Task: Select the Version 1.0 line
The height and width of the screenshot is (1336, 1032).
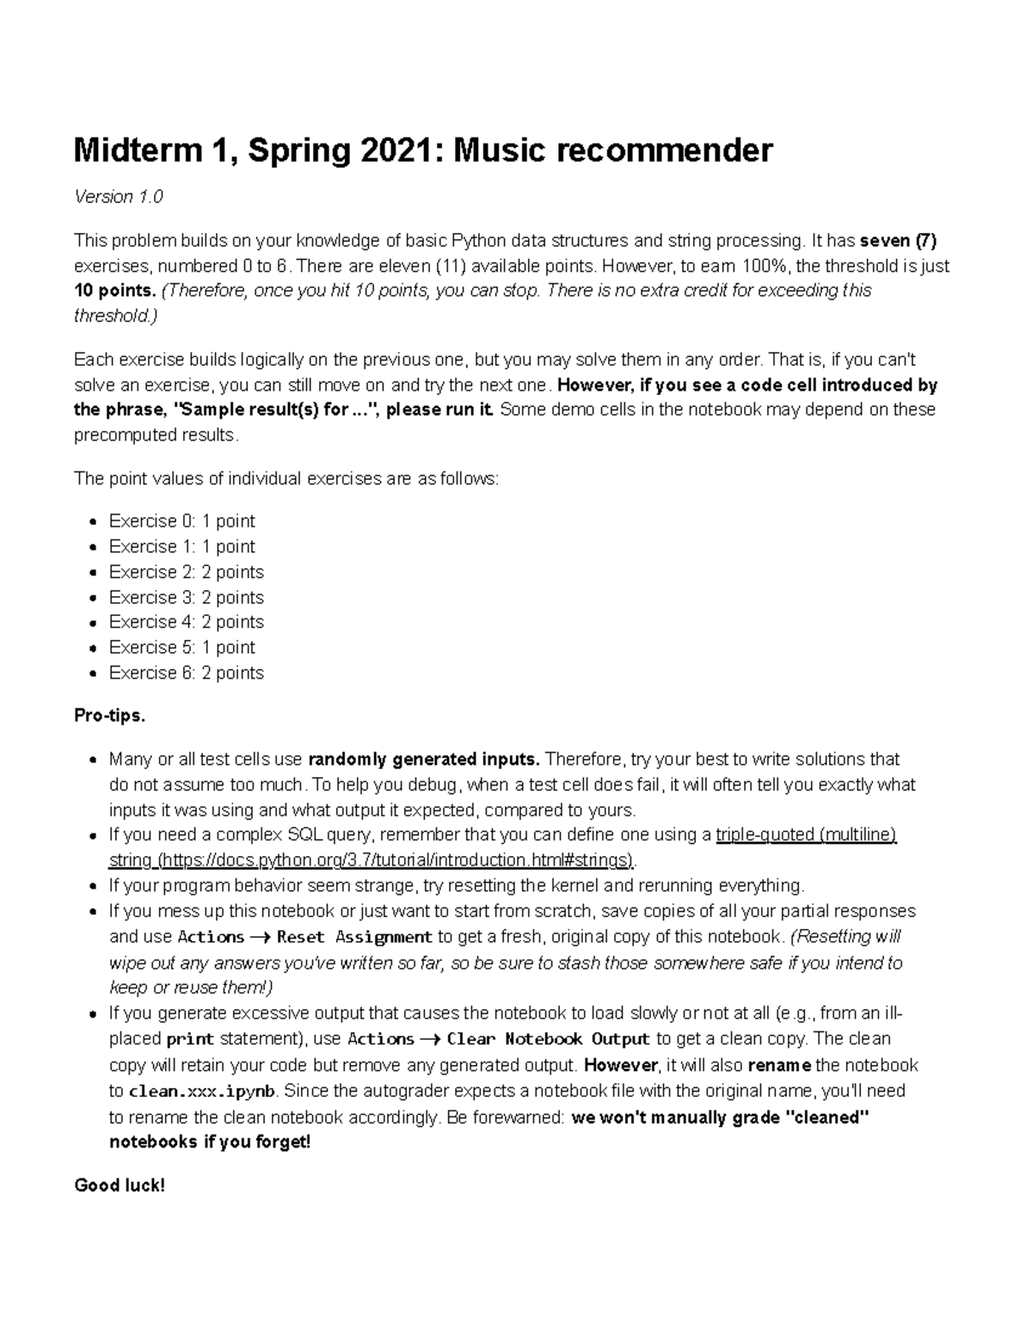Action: [x=118, y=197]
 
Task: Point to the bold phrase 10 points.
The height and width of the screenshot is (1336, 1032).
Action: [x=115, y=291]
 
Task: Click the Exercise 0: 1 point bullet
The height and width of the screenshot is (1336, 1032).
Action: [x=181, y=521]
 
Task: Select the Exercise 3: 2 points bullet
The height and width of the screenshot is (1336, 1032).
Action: [x=186, y=597]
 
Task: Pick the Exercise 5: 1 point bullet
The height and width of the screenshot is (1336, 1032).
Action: [x=181, y=647]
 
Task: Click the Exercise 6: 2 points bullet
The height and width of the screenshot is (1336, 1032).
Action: [x=186, y=673]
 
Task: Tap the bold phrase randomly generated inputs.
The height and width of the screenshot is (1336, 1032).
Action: [x=424, y=760]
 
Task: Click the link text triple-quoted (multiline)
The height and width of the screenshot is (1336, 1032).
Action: [x=806, y=835]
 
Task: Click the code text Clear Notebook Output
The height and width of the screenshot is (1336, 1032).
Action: [x=548, y=1039]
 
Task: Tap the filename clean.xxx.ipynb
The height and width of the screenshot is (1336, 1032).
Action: [x=202, y=1091]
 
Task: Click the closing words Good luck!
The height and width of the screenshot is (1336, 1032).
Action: [x=119, y=1185]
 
